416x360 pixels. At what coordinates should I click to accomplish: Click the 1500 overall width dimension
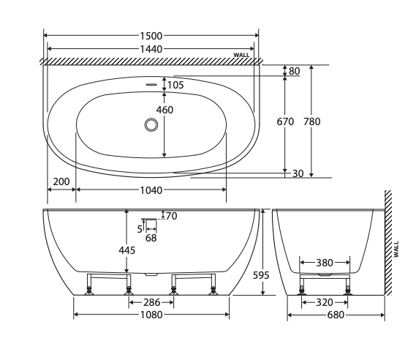coord(151,35)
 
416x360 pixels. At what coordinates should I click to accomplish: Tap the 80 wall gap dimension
coord(295,71)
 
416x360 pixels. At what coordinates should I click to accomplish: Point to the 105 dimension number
coord(175,85)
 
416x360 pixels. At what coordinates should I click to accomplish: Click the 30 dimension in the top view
coord(298,173)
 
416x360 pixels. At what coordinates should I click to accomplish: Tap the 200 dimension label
coord(61,181)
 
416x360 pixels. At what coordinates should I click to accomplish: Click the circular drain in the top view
coord(151,124)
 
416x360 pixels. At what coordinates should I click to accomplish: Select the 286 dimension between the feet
coord(151,301)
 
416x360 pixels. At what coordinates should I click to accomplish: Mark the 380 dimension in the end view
coord(325,262)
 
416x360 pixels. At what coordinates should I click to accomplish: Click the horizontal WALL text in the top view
coord(241,55)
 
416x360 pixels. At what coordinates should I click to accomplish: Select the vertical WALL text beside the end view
coord(396,249)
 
